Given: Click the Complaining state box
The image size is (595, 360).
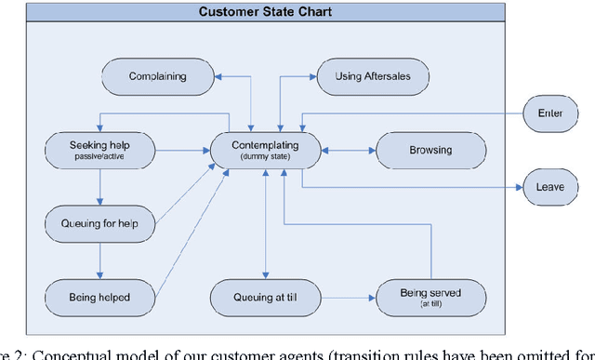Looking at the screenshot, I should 157,77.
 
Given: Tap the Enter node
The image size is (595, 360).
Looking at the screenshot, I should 549,113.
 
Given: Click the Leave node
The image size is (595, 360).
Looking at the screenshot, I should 549,186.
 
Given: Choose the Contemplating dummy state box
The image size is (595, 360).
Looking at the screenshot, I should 266,150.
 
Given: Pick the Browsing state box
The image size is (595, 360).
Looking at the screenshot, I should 430,150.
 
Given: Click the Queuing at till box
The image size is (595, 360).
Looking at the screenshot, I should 266,297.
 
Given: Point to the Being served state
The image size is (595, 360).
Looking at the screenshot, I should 430,297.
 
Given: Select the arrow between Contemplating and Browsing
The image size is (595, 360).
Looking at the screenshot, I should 349,150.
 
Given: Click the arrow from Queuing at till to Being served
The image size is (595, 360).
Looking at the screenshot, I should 348,298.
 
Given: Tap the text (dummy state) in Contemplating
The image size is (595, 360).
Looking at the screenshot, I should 266,156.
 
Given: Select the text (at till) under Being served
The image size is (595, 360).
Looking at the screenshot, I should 430,303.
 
